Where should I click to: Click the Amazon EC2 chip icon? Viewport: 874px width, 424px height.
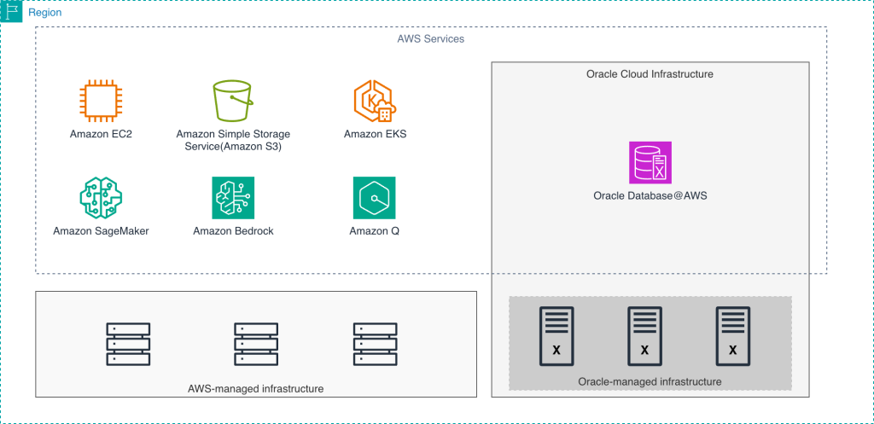coord(101,102)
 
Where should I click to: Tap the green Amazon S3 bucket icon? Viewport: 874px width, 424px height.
coord(232,102)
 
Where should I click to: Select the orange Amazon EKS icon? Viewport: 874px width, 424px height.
coord(375,102)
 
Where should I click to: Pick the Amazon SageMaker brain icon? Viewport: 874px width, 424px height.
coord(101,198)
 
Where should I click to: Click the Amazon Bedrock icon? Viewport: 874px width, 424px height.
coord(233,198)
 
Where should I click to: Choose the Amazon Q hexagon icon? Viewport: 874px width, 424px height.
coord(375,198)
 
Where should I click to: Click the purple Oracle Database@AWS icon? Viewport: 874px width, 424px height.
coord(650,162)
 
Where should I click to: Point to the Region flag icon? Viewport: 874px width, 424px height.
coord(11,12)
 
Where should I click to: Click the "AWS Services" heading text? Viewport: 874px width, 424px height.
coord(431,39)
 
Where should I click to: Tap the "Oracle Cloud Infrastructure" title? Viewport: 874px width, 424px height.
coord(650,74)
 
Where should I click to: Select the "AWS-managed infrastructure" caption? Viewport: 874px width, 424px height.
coord(255,389)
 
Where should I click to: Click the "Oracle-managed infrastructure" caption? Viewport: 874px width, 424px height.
coord(650,381)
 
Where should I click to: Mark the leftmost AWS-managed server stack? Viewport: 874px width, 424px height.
coord(128,344)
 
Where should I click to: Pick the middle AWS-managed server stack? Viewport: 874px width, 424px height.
coord(256,344)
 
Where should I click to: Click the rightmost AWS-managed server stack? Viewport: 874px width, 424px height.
coord(375,344)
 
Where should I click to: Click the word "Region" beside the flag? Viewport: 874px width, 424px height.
coord(45,13)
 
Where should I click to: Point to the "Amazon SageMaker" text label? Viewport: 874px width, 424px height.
coord(101,231)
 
